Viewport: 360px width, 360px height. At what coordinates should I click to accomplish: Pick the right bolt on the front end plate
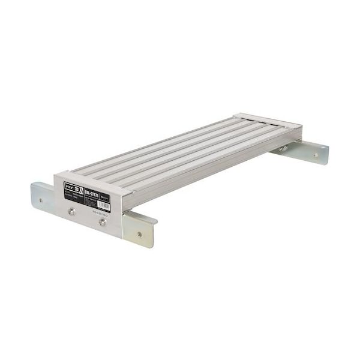point(103,222)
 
